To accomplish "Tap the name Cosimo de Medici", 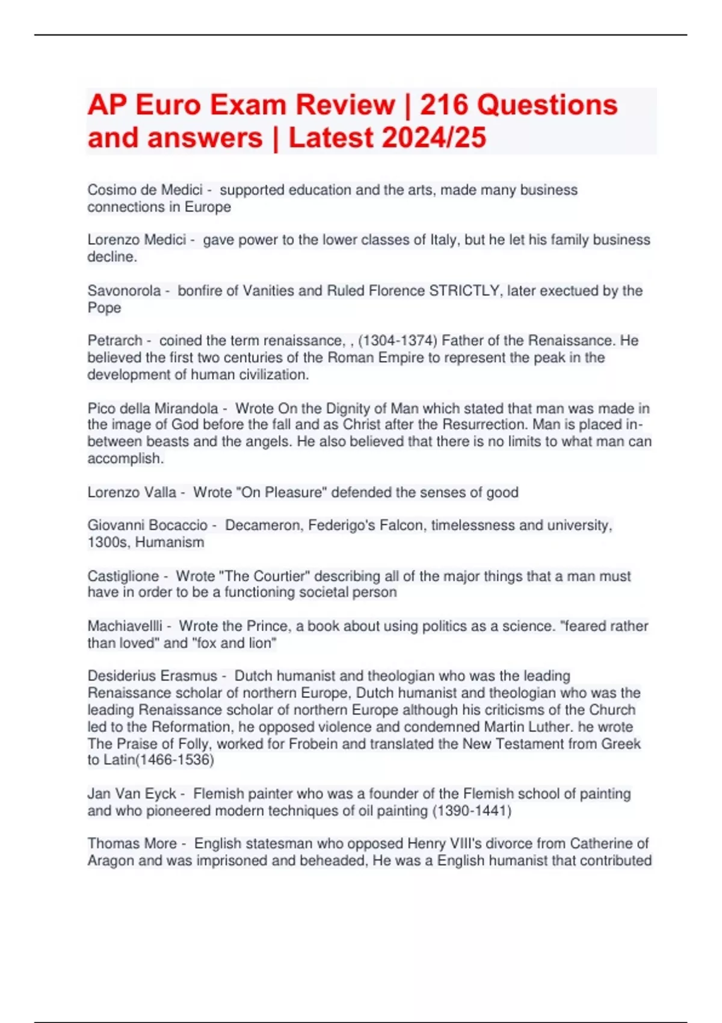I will pos(144,190).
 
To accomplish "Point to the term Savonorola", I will pos(124,291).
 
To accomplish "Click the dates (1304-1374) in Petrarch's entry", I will pos(397,341).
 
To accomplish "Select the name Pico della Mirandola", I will pos(153,409).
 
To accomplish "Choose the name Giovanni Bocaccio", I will pos(147,525).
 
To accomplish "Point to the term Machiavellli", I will pos(125,626).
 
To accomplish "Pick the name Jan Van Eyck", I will pos(132,794).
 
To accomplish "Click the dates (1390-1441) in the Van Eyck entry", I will pos(472,811).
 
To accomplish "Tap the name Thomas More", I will pos(132,844).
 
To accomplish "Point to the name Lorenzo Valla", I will pos(132,492).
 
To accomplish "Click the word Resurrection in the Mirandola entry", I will pos(486,425).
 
